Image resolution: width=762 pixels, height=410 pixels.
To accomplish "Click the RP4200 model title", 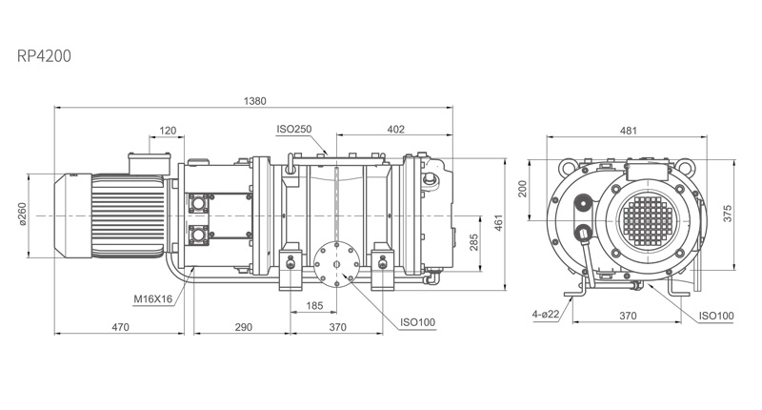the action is tap(44, 56).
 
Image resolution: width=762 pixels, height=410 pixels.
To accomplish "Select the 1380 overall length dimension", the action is tap(254, 101).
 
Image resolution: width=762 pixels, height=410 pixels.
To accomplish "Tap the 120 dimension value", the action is tap(168, 131).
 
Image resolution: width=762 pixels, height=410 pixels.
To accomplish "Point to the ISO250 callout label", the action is tap(294, 130).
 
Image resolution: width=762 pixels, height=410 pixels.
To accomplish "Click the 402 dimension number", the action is tap(395, 130).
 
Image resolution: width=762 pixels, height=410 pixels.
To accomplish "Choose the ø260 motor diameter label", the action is tap(23, 214).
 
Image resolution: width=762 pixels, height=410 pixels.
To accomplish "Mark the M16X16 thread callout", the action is tap(153, 298).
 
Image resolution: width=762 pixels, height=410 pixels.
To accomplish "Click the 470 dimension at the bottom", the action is tap(121, 327).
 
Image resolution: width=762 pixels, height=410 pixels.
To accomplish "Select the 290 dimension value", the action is tap(244, 327).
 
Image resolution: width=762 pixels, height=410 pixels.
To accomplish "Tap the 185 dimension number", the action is tap(314, 305).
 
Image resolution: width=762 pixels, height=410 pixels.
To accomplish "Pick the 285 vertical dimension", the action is tap(473, 242).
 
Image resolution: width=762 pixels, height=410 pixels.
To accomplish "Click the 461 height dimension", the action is tap(498, 222).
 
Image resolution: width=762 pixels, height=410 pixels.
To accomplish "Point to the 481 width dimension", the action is tap(629, 131).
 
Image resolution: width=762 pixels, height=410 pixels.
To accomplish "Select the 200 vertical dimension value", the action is tap(522, 189).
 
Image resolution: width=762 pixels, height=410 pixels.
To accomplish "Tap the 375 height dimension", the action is tap(727, 214).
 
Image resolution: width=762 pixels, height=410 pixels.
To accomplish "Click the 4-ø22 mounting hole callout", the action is tap(546, 315).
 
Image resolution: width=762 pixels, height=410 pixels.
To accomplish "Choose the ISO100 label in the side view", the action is tap(418, 322).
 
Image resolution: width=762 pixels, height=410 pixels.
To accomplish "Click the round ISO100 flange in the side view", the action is tap(336, 264).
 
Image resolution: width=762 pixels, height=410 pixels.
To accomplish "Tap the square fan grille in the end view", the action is tap(649, 220).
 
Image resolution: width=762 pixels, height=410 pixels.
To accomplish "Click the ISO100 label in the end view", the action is tap(716, 316).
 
